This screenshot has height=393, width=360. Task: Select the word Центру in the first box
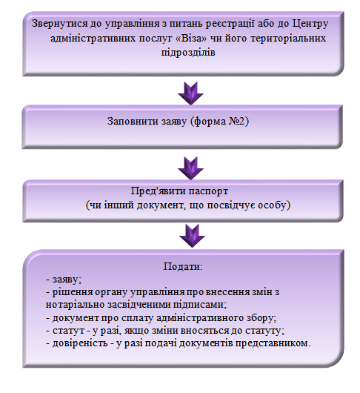(310, 24)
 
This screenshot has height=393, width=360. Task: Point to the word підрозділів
(188, 53)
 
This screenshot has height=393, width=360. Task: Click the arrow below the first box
(190, 93)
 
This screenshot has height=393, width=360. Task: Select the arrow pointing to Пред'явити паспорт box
(190, 168)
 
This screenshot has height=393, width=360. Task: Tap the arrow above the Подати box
(192, 236)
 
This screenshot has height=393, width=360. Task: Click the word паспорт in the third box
(208, 191)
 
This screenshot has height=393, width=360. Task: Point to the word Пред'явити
(159, 191)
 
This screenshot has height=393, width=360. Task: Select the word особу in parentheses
(272, 205)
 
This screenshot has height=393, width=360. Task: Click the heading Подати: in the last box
(182, 266)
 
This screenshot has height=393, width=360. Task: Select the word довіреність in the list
(80, 343)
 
